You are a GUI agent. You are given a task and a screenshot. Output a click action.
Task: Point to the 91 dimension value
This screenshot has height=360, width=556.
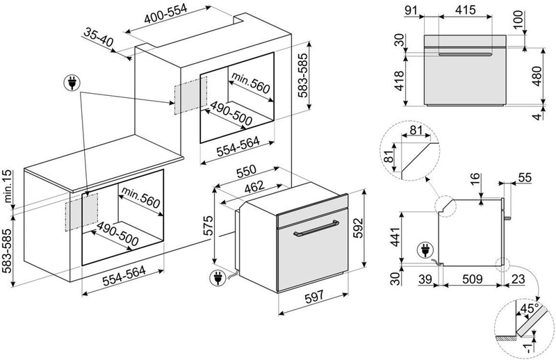(x=411, y=10)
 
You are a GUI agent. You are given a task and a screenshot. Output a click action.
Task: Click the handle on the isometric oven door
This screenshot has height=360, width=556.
(x=316, y=230)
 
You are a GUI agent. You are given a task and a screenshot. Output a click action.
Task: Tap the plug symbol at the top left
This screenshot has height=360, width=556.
(x=72, y=84)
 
